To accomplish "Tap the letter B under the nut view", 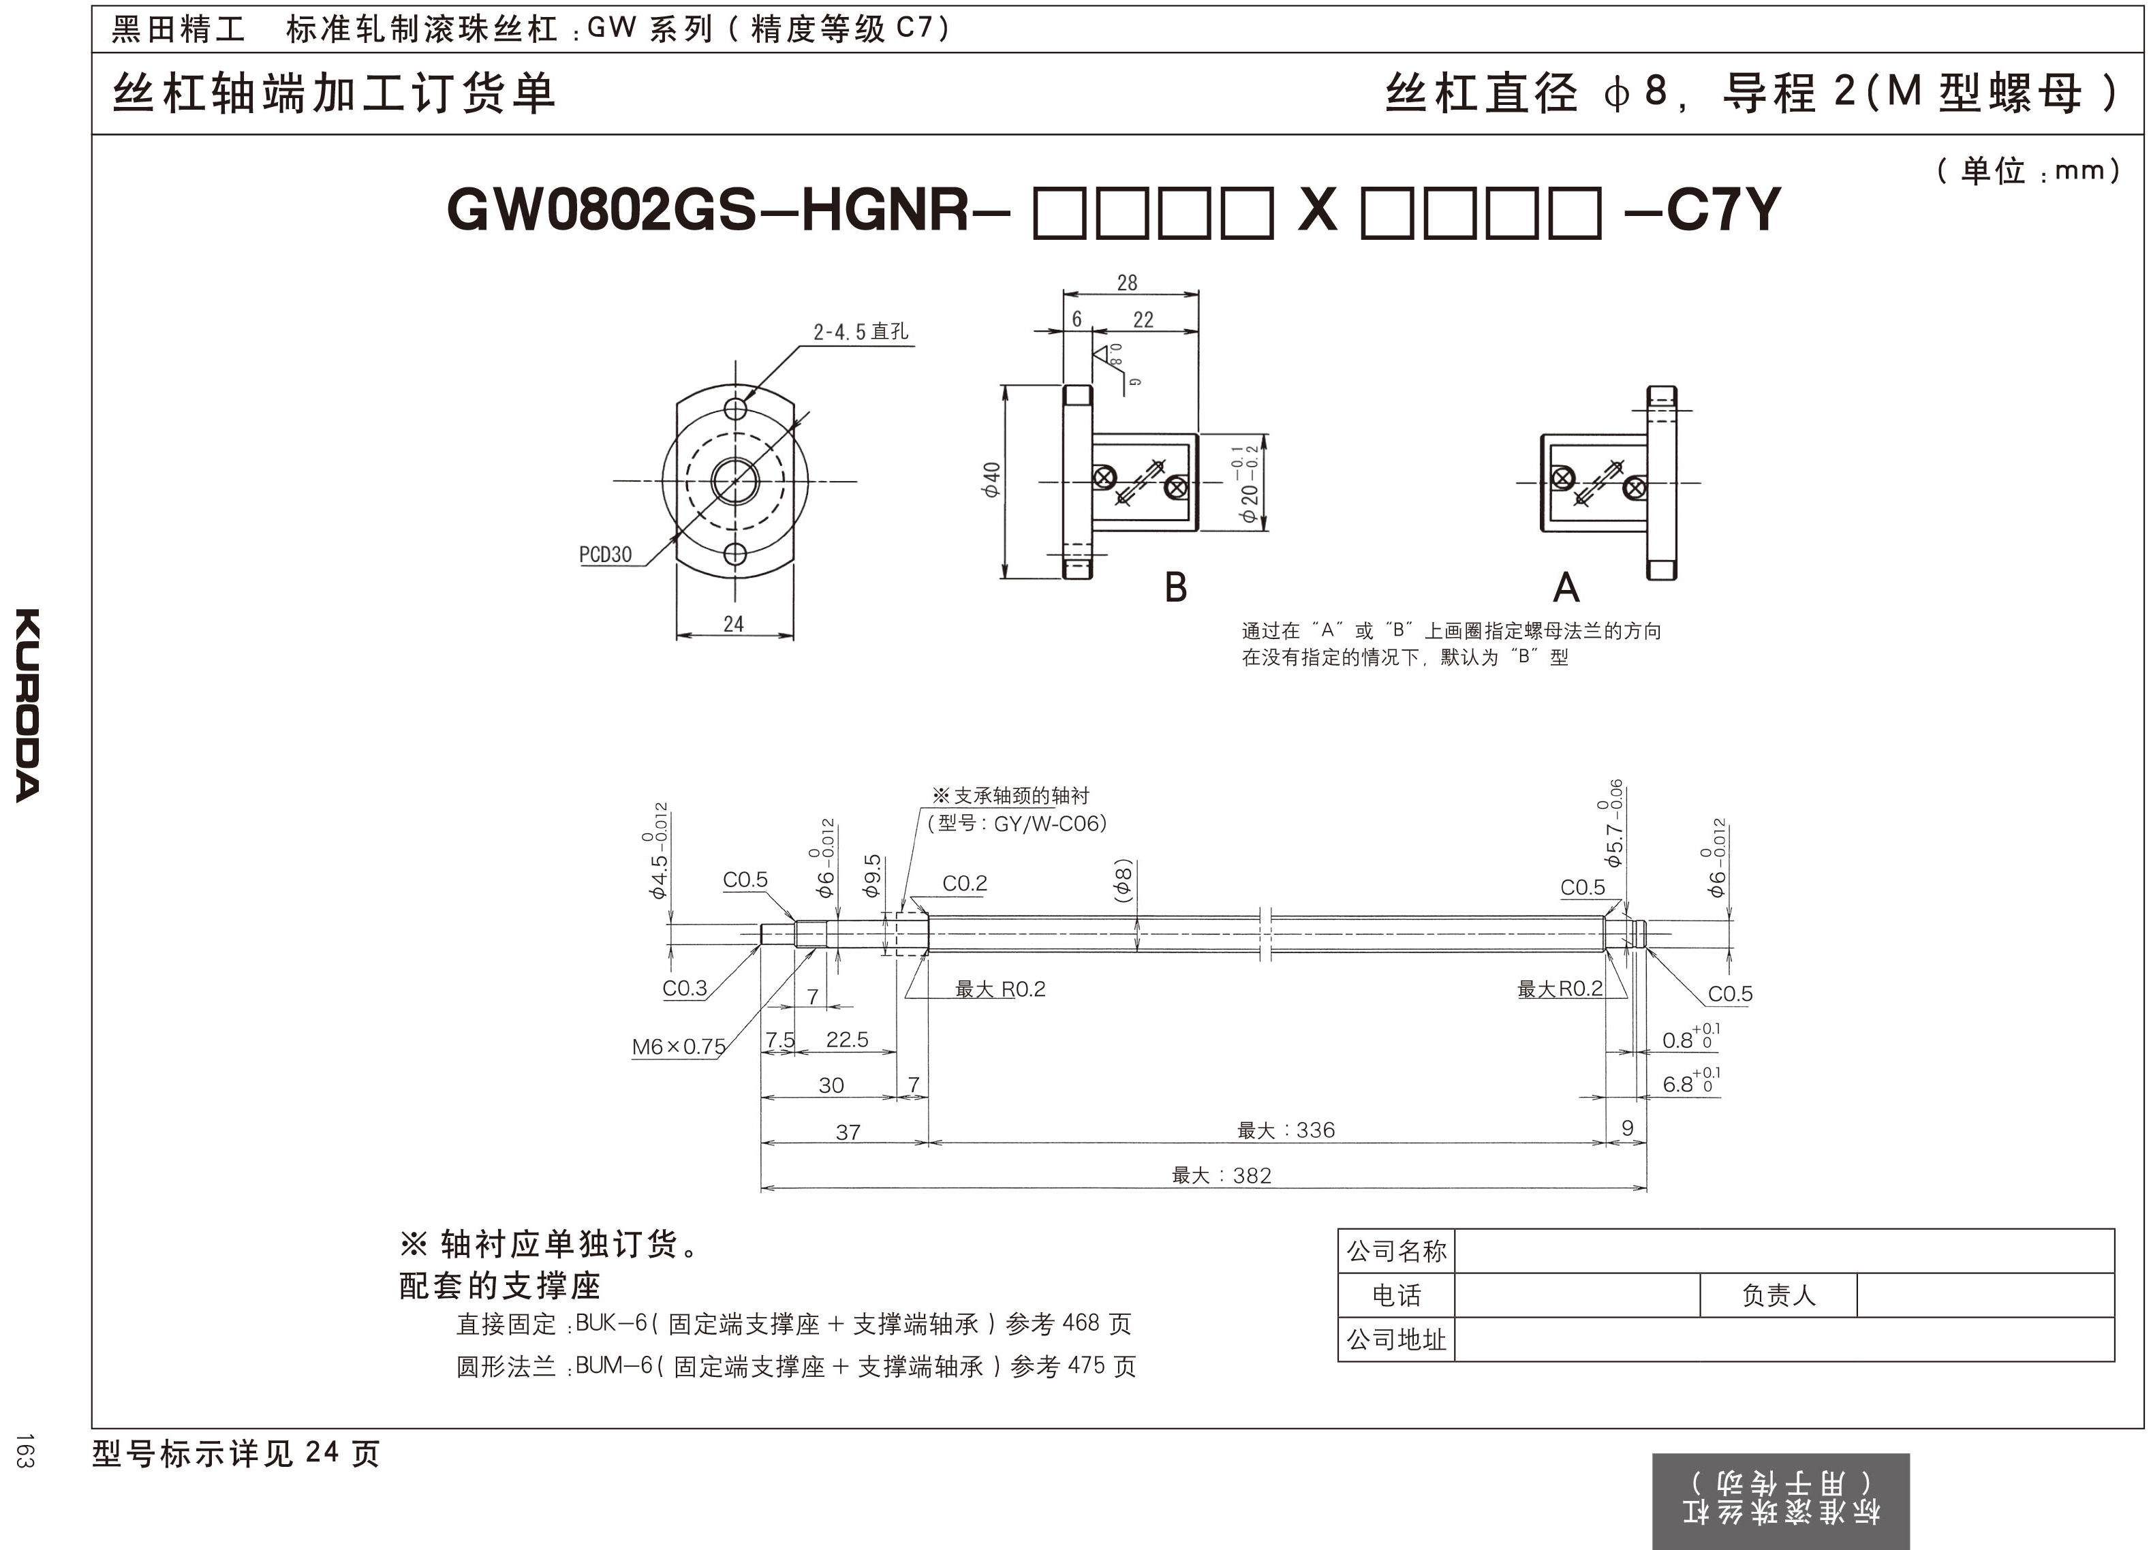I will click(x=1175, y=588).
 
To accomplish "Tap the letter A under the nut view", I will click(x=1566, y=588).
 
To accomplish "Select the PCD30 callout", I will click(x=605, y=555).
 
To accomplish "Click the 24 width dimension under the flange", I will click(x=733, y=624).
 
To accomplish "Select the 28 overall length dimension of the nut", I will click(x=1127, y=283).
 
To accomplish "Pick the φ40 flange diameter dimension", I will click(x=991, y=480).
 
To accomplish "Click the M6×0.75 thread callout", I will click(x=678, y=1047).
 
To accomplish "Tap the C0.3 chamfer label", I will click(x=685, y=989).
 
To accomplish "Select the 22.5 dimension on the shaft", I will click(x=847, y=1040).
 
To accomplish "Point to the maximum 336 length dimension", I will click(x=1286, y=1130).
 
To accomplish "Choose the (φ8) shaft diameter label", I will click(x=1123, y=881).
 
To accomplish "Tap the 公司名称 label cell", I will click(x=1396, y=1251).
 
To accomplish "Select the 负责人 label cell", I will click(x=1778, y=1295).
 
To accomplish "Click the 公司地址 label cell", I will click(x=1396, y=1339).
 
